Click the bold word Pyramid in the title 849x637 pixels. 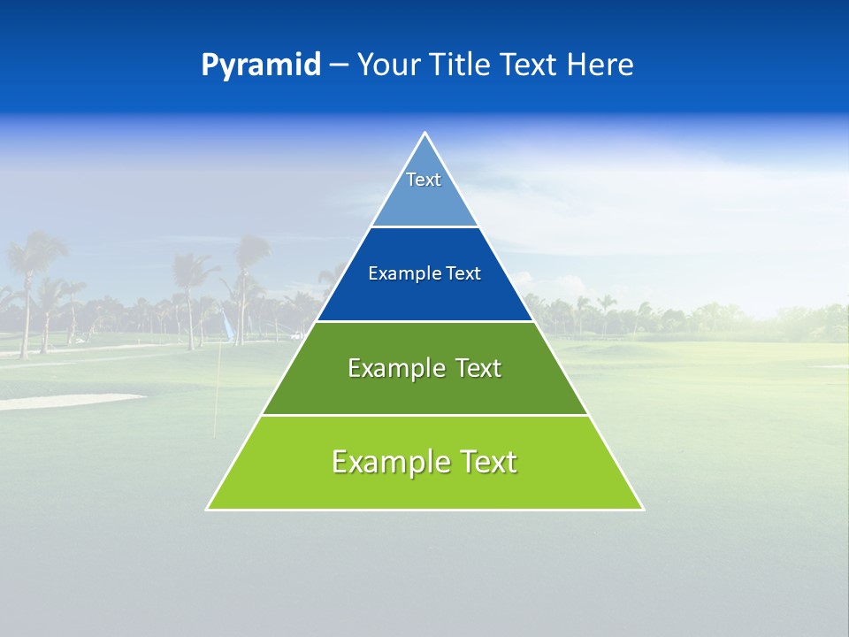(x=261, y=65)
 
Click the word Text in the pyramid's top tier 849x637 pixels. (x=424, y=180)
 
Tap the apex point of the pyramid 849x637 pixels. (x=424, y=134)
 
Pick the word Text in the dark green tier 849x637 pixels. (x=478, y=368)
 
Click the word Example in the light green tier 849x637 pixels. (x=390, y=462)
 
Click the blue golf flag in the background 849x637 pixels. (x=228, y=330)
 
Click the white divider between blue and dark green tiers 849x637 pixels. (x=424, y=321)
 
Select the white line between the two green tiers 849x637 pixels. (x=424, y=415)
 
